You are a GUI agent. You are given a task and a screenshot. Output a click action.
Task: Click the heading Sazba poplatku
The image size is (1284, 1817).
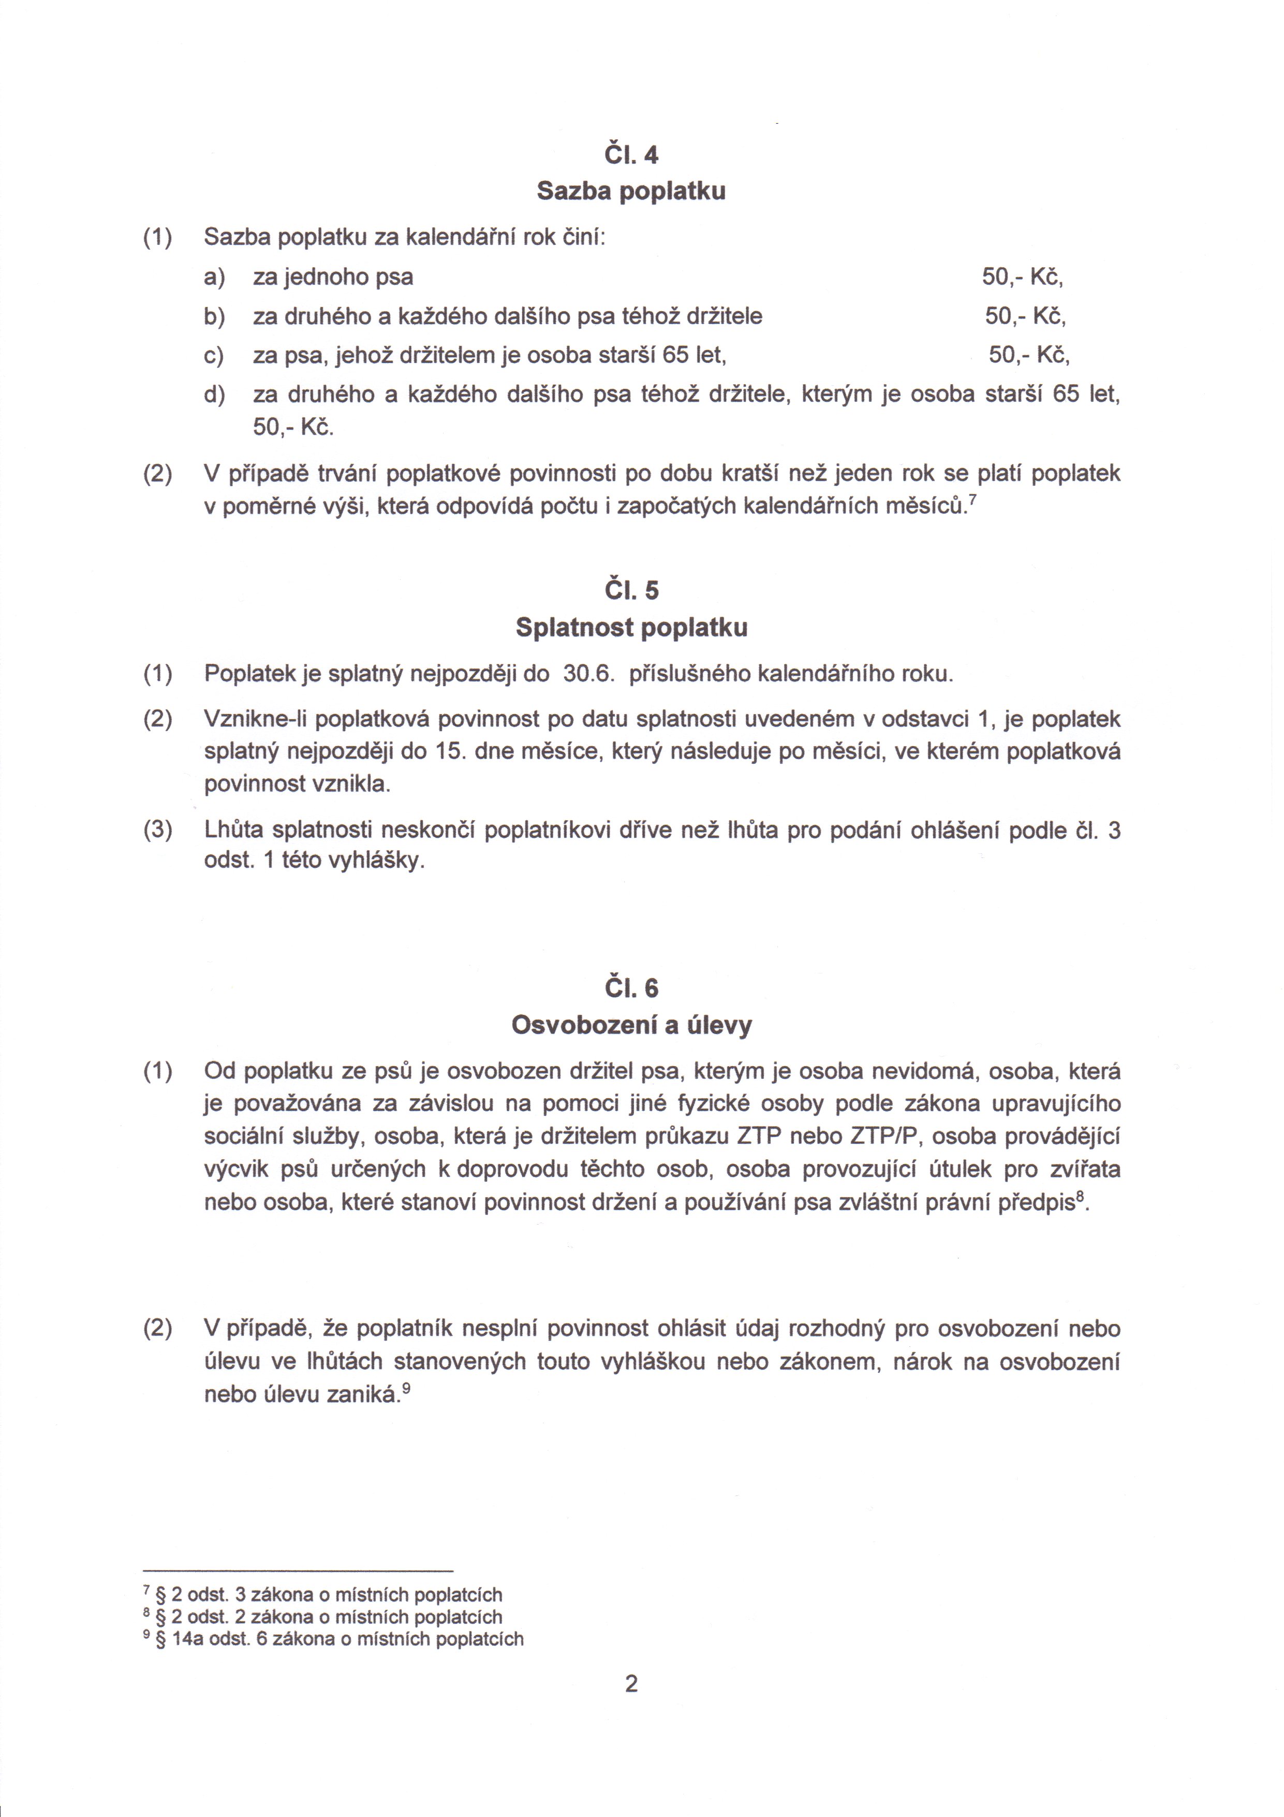(x=630, y=192)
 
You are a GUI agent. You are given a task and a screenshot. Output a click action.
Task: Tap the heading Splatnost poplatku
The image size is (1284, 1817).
(x=630, y=628)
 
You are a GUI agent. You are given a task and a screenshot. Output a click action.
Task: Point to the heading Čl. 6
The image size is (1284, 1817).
(x=630, y=989)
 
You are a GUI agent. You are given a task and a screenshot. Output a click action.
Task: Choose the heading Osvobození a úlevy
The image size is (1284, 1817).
(x=630, y=1026)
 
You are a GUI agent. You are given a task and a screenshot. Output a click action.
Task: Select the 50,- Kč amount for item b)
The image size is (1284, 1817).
(x=1025, y=316)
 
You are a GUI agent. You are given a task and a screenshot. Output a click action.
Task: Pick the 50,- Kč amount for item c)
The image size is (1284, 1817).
(x=1028, y=355)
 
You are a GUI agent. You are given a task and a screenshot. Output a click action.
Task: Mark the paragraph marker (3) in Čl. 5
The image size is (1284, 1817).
(x=157, y=830)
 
